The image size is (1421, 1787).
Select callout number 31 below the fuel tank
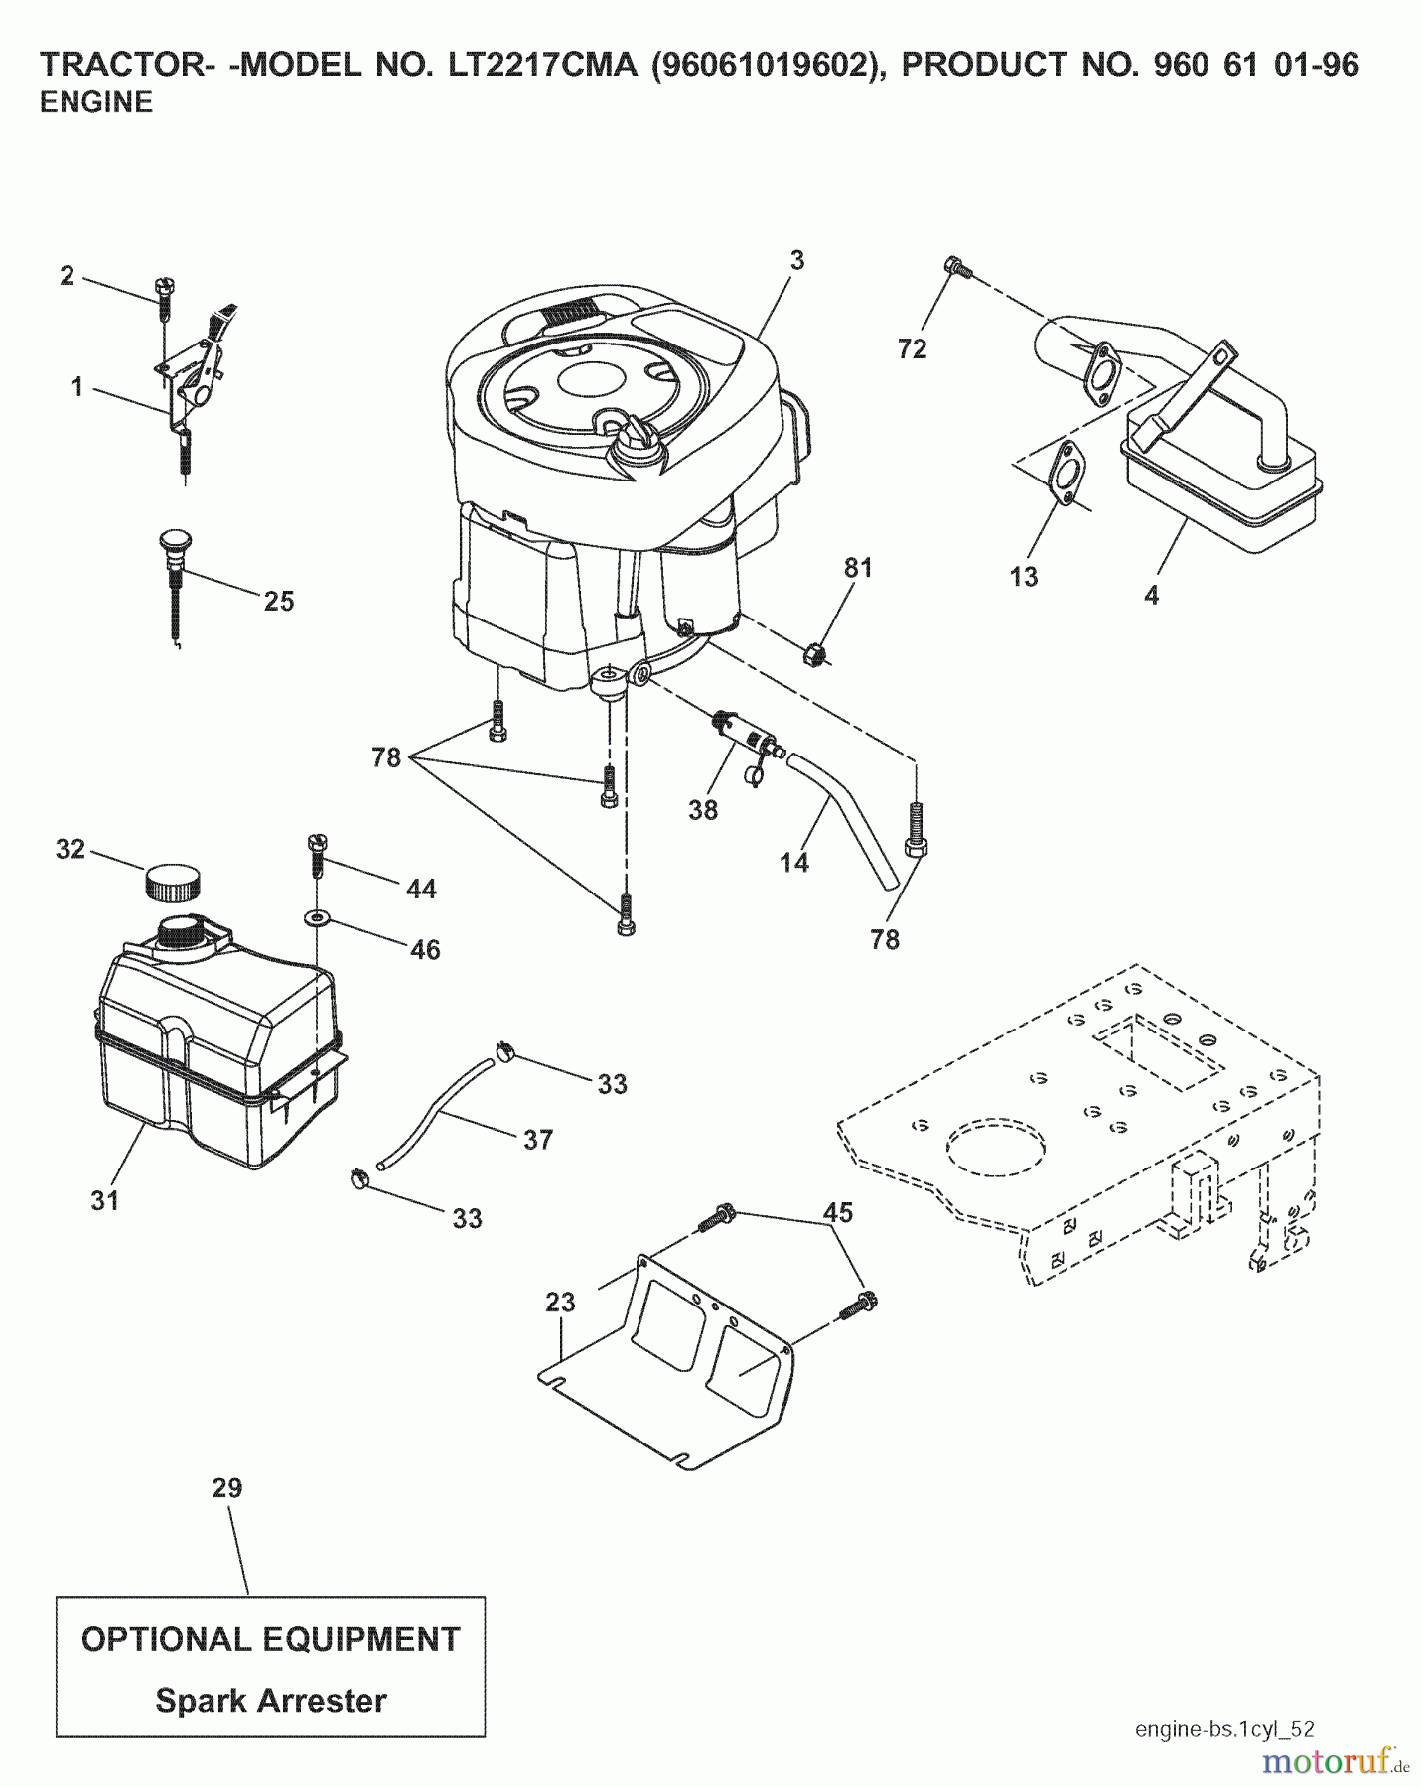(105, 1200)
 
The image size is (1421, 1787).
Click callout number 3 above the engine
(796, 261)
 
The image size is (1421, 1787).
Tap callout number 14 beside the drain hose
(794, 863)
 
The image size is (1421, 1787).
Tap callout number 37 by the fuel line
(537, 1139)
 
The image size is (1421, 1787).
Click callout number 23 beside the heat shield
(560, 1302)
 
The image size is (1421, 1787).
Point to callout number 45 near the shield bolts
(838, 1212)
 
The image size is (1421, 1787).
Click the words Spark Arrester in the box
(270, 1700)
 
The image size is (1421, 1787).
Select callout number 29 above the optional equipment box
(227, 1488)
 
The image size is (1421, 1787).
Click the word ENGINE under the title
(96, 102)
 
